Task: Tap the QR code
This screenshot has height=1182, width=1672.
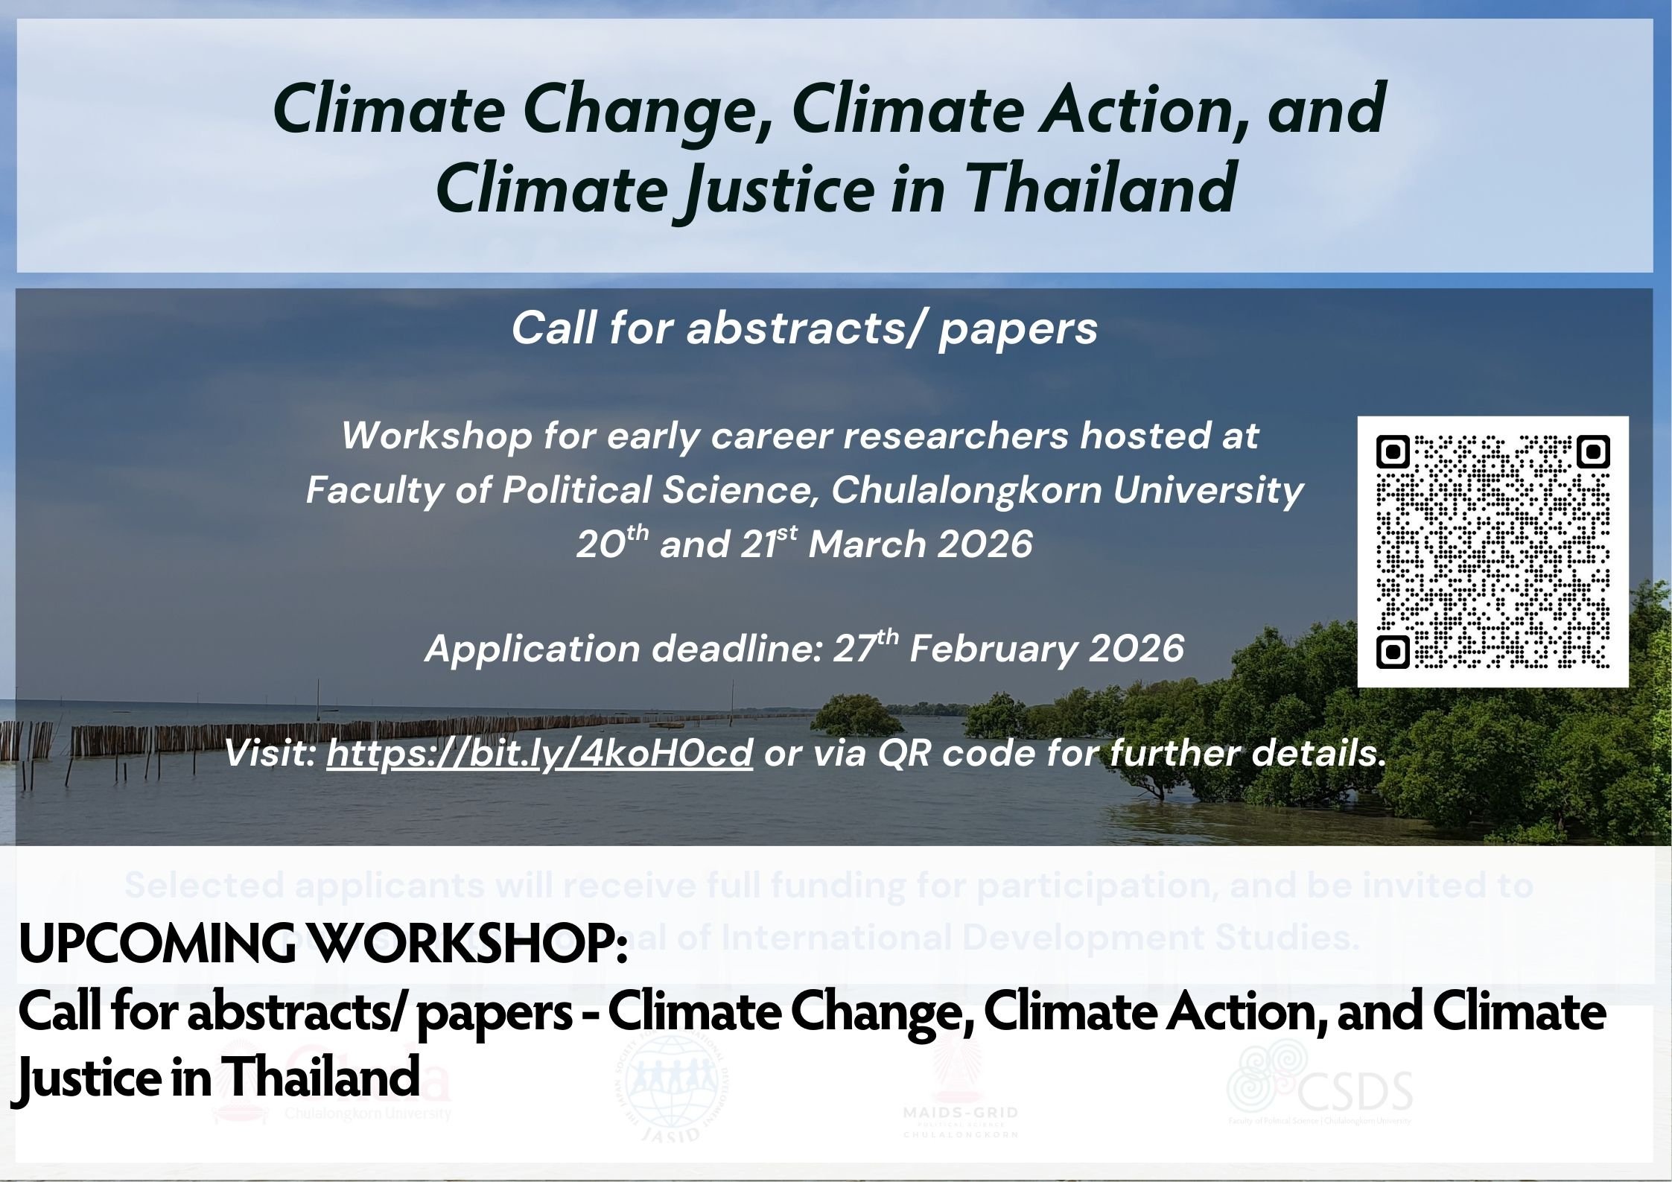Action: (1493, 552)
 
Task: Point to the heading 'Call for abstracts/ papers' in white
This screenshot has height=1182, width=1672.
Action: (804, 328)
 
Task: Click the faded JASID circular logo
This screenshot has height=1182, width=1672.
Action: (676, 1090)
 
